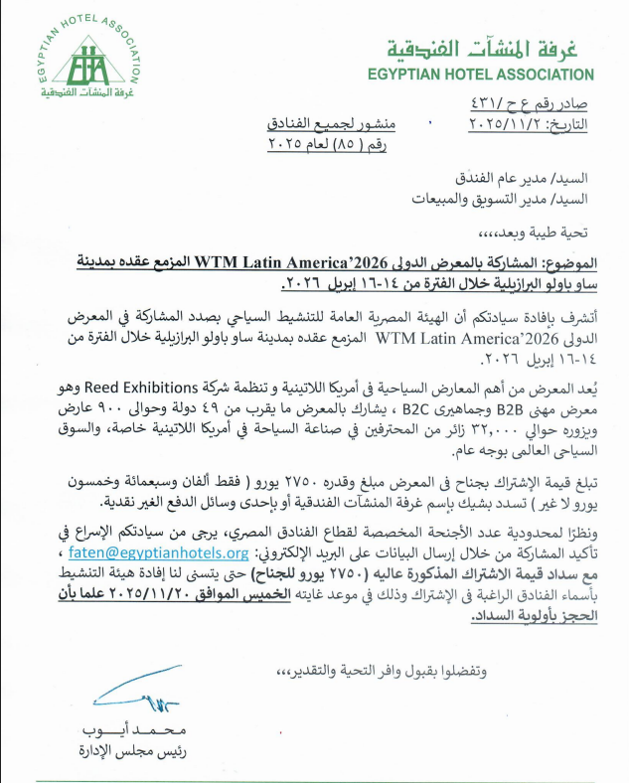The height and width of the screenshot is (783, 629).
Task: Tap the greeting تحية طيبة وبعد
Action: tap(538, 234)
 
